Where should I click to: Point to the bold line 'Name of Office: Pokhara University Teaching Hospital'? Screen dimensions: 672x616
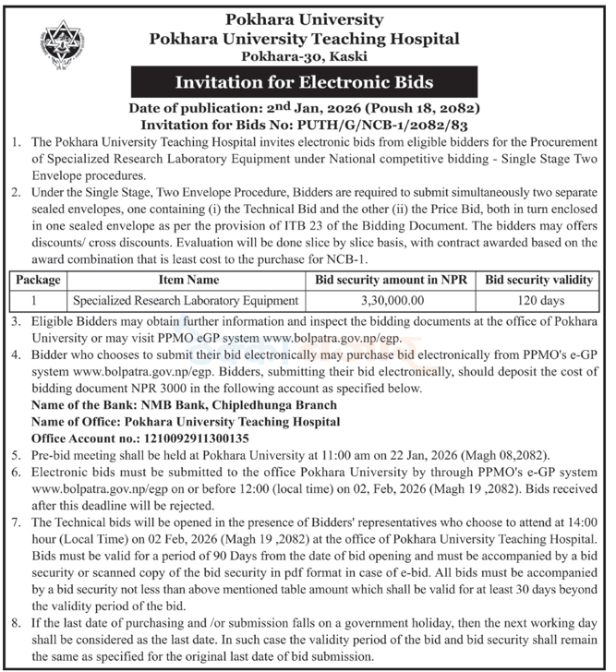[x=186, y=422]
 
